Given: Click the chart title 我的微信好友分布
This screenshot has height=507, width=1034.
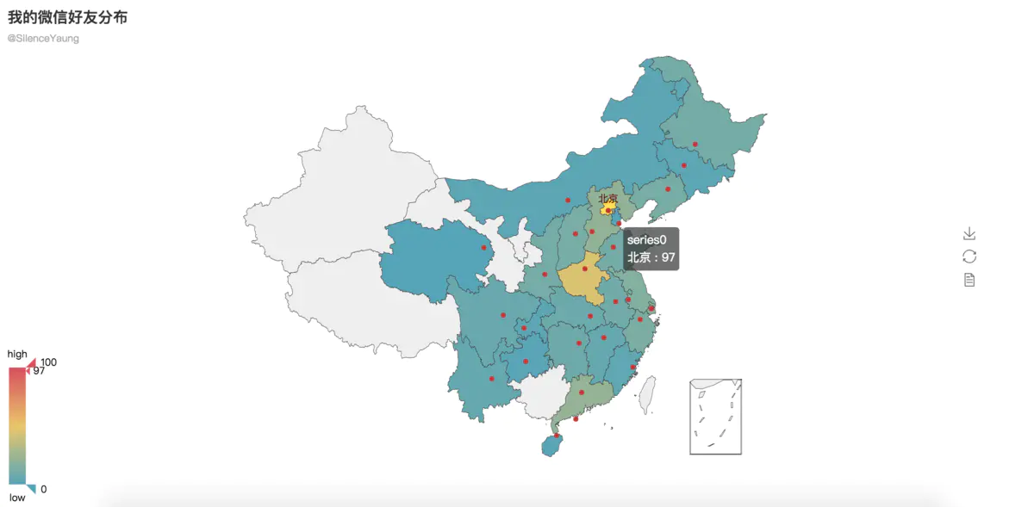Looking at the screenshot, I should point(68,17).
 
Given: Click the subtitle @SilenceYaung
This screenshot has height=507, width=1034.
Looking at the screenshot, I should point(43,39).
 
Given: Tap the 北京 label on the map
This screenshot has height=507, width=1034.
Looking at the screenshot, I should point(608,199).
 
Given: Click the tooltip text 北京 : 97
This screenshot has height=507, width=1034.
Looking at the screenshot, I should point(651,257).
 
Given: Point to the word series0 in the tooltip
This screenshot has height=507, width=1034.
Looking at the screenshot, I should point(646,240).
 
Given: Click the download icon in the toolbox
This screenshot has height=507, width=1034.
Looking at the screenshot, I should point(969,234).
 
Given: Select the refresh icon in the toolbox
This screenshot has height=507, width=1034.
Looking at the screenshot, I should point(969,257).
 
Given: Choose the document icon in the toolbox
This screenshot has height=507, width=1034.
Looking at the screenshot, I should point(969,280).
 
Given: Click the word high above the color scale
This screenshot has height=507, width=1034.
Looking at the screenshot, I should point(17,354).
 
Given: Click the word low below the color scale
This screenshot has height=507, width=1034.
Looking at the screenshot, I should point(17,498).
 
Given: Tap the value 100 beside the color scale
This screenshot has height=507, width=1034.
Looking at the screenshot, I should point(49,362).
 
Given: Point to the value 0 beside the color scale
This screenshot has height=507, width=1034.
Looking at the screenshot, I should point(44,489).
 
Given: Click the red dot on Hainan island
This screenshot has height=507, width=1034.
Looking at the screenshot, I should point(557,436).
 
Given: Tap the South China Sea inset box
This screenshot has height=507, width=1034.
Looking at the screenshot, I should point(715,417).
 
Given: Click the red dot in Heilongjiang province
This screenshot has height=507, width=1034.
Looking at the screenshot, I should point(695,144).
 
